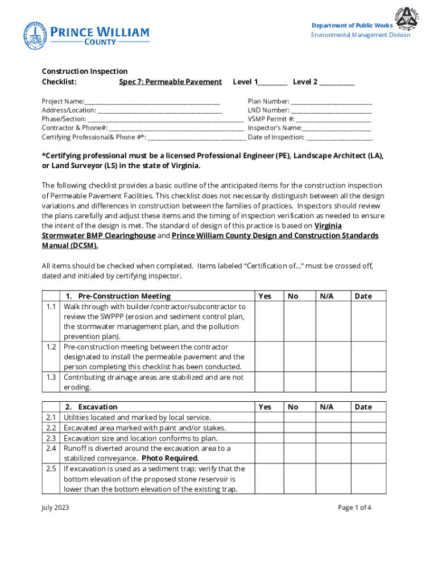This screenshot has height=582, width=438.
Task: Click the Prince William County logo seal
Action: pyautogui.click(x=35, y=35)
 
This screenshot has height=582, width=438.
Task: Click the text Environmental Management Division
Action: pyautogui.click(x=360, y=35)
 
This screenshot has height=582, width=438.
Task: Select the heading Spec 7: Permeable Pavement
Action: pyautogui.click(x=170, y=82)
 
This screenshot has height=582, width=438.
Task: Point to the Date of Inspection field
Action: pyautogui.click(x=340, y=138)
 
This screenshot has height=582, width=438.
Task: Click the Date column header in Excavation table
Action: pyautogui.click(x=363, y=406)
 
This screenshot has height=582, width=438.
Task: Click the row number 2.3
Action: pyautogui.click(x=51, y=438)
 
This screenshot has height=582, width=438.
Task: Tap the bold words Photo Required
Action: pyautogui.click(x=170, y=458)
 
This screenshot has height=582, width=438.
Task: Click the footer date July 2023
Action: pyautogui.click(x=56, y=508)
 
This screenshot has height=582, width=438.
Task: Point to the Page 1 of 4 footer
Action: pyautogui.click(x=354, y=508)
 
